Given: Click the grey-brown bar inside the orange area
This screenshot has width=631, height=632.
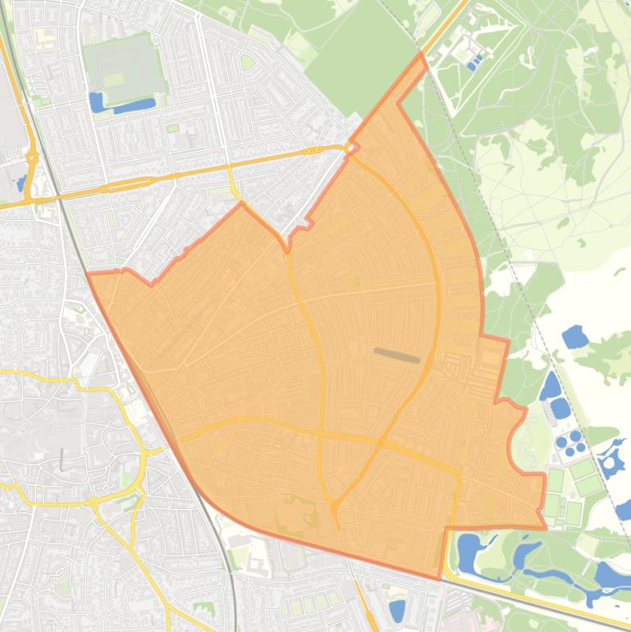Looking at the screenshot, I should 397,355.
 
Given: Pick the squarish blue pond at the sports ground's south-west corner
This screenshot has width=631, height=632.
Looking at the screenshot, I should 96,102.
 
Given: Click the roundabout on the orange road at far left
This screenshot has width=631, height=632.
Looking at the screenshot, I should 31,158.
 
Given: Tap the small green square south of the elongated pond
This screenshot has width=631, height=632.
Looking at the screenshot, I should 172,128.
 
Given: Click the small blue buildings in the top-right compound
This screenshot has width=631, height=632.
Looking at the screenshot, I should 473,62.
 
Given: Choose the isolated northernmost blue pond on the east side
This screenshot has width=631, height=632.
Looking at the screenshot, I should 574,336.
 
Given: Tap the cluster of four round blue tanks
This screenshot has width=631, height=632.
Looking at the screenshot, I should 571,443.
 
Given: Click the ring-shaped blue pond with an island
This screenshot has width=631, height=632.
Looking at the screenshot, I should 611,459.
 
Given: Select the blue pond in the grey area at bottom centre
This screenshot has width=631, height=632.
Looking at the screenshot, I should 397,610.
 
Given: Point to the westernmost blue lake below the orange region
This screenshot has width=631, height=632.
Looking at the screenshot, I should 469,553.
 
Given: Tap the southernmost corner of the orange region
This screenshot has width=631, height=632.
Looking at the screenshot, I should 438,579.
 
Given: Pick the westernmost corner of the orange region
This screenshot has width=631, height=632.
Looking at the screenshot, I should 87,274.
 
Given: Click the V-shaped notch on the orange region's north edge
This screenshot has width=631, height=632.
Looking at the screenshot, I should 288,249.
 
